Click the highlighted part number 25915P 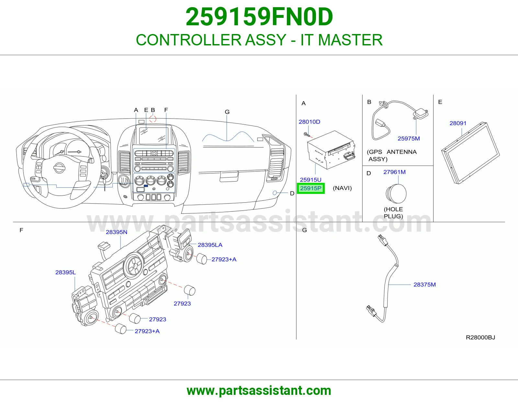[310, 188]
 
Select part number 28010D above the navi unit [310, 122]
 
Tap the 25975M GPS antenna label [409, 138]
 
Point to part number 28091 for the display [458, 123]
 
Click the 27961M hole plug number [394, 172]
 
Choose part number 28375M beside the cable [424, 285]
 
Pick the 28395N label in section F [117, 232]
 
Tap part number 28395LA [210, 245]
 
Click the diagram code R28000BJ [480, 337]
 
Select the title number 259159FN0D [259, 17]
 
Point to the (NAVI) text [342, 188]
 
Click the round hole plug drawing [396, 194]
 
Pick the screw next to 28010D [307, 135]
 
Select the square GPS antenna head [421, 113]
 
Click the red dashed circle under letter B [153, 119]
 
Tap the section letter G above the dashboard [227, 112]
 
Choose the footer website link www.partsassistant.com [259, 391]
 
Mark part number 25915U [310, 180]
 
